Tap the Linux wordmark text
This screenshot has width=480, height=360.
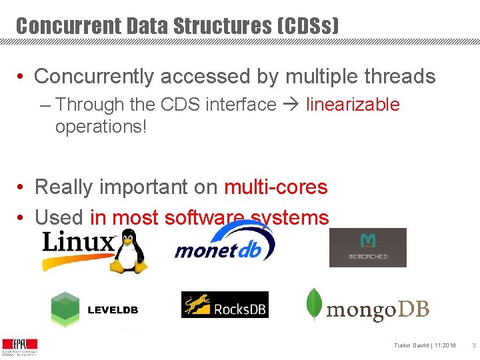click(79, 241)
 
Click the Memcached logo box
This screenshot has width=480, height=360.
click(367, 247)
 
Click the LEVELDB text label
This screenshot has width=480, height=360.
click(113, 310)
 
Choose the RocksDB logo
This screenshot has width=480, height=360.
click(225, 305)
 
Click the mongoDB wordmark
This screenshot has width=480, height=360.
click(377, 309)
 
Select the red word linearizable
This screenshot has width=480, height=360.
click(353, 105)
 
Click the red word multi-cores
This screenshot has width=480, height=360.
click(275, 187)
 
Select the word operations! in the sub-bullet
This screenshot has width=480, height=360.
click(100, 126)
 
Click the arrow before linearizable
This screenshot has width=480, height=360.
click(291, 105)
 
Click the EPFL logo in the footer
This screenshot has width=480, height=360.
click(19, 346)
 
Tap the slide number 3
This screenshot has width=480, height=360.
click(472, 345)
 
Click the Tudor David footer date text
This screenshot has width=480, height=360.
click(425, 345)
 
